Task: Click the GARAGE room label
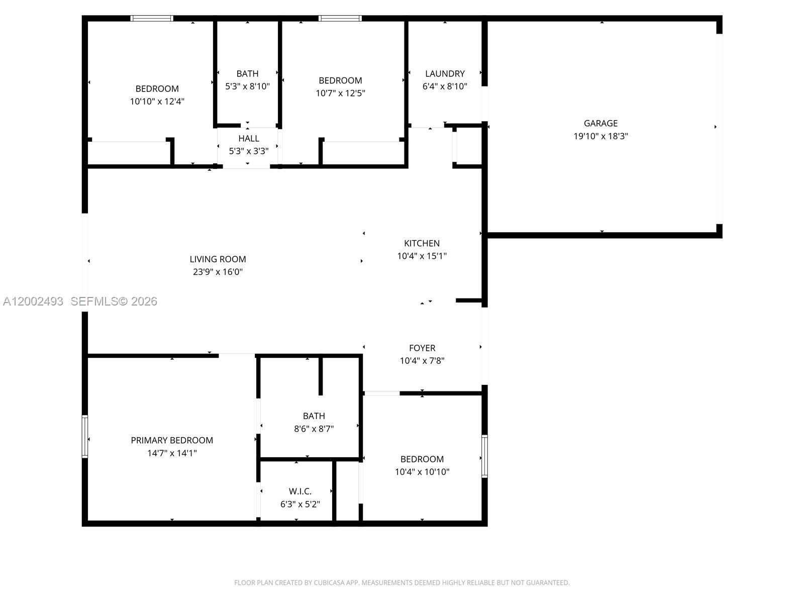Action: click(600, 123)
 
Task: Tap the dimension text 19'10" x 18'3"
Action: click(600, 136)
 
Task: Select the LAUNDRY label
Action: click(445, 74)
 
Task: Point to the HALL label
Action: click(249, 139)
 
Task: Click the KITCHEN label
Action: click(422, 243)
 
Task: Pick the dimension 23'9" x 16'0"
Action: click(218, 272)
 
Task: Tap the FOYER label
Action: click(422, 348)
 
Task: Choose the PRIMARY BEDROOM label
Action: click(172, 440)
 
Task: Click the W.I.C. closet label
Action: click(300, 491)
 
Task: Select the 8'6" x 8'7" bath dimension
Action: click(314, 429)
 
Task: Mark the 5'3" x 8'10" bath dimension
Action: click(247, 86)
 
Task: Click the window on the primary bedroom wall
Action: click(85, 436)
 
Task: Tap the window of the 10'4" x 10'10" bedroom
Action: click(484, 456)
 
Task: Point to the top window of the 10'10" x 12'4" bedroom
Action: click(152, 19)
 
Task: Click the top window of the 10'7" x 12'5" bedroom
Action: click(340, 19)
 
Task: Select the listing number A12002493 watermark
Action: click(33, 301)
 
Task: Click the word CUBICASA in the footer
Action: click(329, 583)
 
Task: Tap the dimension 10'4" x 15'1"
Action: click(422, 256)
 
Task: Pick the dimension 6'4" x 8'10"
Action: click(445, 86)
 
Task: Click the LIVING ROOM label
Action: click(218, 259)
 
